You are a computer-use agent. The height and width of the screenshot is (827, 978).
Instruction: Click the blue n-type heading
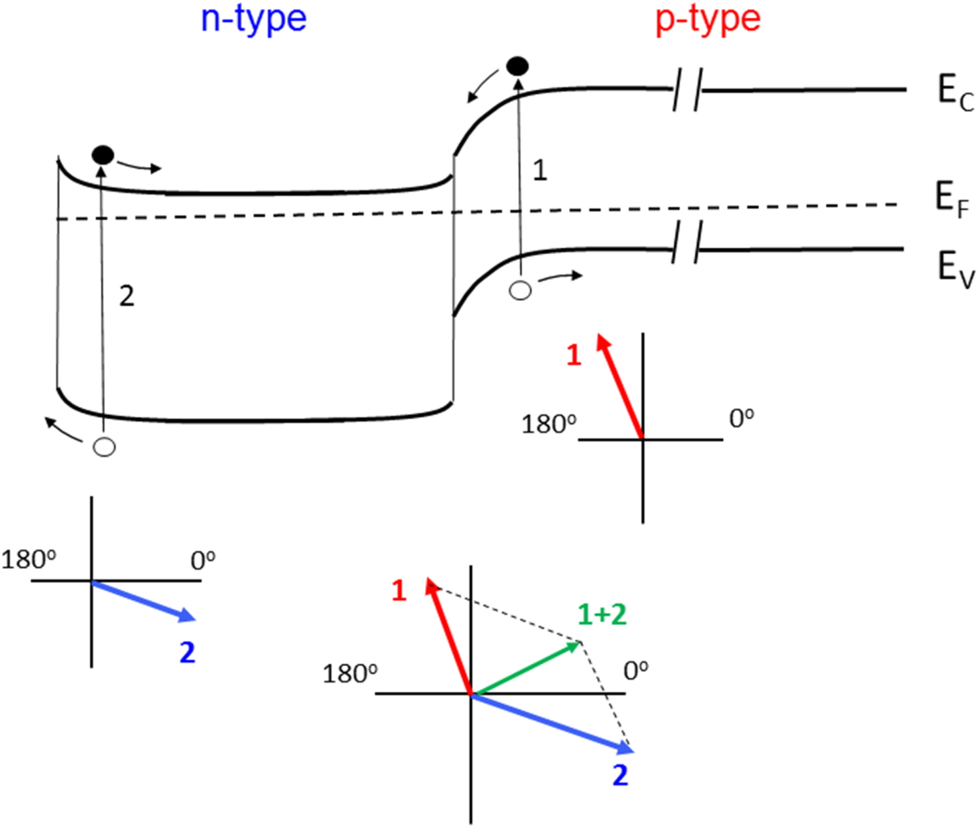253,20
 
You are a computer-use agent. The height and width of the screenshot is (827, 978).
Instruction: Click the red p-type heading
707,20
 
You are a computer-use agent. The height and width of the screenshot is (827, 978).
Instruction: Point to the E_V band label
955,268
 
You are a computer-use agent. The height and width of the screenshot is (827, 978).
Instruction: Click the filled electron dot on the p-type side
518,66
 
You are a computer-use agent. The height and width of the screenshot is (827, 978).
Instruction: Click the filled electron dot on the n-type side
103,155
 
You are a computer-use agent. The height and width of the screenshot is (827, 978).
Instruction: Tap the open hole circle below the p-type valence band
520,290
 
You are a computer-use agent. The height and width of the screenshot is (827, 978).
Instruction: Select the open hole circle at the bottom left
104,447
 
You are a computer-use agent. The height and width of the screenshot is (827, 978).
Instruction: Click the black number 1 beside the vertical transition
539,171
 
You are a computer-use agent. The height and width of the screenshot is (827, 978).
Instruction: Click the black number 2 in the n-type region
126,296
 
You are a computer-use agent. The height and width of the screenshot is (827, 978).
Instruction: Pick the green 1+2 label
602,614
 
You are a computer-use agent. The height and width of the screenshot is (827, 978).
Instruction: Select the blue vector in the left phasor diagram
143,600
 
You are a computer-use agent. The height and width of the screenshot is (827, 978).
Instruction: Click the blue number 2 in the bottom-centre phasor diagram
620,775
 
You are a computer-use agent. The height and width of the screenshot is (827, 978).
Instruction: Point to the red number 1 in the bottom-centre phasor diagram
399,591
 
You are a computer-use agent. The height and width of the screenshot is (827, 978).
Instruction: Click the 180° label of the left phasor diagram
28,560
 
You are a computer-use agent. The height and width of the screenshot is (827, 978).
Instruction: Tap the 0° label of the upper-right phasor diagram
741,418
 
